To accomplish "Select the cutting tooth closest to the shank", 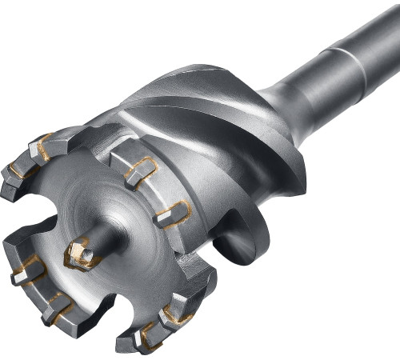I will (x=172, y=214).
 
